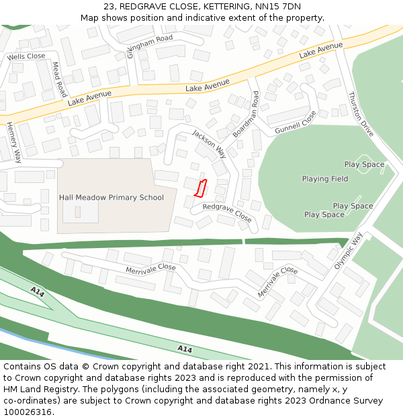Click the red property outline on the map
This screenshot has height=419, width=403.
tap(199, 188)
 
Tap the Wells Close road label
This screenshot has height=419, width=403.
tap(26, 57)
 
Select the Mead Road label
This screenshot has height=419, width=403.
tap(59, 80)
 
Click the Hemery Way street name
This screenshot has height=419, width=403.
tap(13, 142)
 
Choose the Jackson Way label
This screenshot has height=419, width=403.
tap(209, 143)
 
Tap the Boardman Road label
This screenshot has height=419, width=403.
tap(246, 114)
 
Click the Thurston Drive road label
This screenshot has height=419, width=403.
tap(361, 115)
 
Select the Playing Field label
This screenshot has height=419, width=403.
tap(325, 179)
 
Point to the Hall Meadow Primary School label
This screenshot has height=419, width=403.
tap(111, 197)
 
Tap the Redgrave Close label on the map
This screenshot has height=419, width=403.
tap(227, 213)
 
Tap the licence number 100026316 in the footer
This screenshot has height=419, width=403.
tap(28, 412)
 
